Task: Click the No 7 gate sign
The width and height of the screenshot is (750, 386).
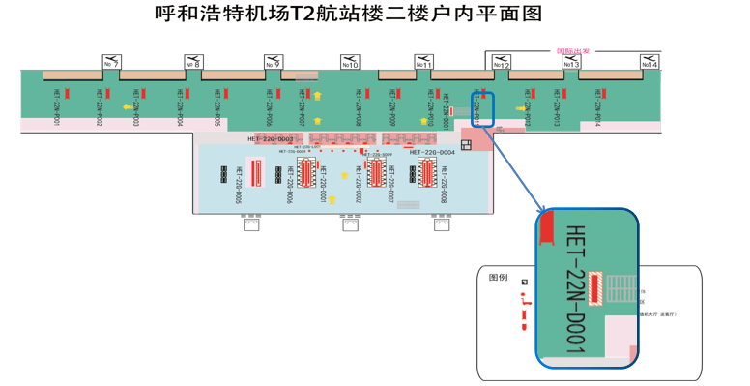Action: (112, 62)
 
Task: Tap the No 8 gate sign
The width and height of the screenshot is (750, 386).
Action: (193, 62)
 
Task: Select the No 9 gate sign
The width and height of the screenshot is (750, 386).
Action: (274, 62)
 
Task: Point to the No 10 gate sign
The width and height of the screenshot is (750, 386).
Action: (350, 62)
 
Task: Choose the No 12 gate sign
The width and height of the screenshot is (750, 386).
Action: (501, 62)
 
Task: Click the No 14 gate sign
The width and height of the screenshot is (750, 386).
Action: (650, 62)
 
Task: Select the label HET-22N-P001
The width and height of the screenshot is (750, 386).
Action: (57, 107)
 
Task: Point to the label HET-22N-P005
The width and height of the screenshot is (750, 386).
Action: (217, 107)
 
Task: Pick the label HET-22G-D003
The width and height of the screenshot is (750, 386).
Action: (271, 139)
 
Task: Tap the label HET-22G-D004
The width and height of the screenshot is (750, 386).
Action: (432, 152)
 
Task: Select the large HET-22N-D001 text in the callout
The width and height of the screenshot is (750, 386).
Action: (574, 289)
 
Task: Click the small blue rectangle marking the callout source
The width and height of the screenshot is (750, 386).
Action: (481, 108)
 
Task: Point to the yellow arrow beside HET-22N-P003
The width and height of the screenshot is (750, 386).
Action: (128, 107)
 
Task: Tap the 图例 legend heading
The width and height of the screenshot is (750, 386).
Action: (498, 277)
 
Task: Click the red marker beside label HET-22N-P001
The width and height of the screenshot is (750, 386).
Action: (67, 94)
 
